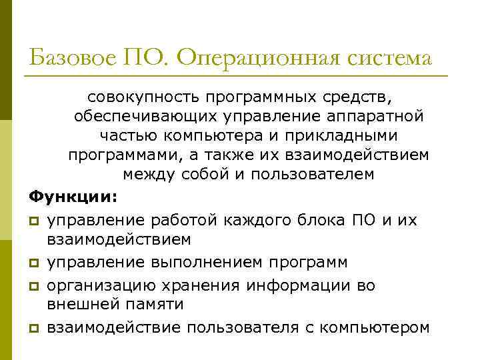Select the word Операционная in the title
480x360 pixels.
[x=259, y=58]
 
